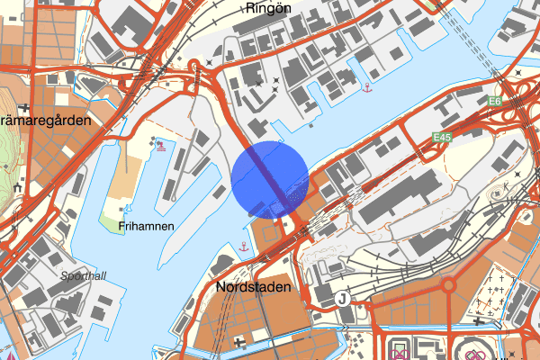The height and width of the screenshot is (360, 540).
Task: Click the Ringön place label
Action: [x=267, y=8]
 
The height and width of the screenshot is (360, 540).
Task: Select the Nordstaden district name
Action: [x=255, y=288]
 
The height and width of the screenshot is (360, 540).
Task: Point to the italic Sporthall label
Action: [x=84, y=276]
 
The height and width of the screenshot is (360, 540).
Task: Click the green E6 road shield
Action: [x=494, y=102]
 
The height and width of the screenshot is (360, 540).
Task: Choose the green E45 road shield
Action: [x=440, y=137]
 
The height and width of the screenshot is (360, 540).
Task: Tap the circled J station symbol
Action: [x=342, y=299]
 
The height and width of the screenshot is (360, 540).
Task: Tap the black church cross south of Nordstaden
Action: [x=238, y=342]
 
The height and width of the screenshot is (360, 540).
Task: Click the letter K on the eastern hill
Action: [x=507, y=187]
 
